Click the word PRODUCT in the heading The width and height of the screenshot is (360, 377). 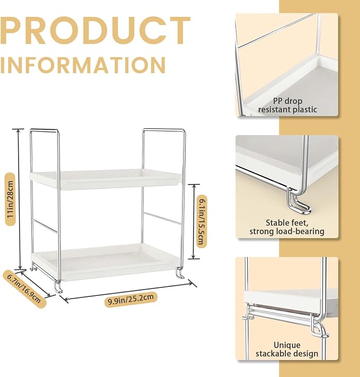(95, 31)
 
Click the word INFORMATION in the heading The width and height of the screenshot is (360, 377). (83, 65)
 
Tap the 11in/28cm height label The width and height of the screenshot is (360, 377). (11, 199)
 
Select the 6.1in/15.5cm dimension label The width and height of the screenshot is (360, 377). (202, 221)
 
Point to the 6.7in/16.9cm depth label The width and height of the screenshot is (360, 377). (24, 289)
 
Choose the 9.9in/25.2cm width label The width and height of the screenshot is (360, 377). (131, 299)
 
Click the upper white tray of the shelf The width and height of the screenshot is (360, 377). (106, 179)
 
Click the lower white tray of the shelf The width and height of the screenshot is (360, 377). (106, 262)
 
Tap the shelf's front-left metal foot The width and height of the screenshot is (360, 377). (58, 287)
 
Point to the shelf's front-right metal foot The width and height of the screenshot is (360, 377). (180, 274)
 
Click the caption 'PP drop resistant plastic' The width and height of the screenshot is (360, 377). (287, 106)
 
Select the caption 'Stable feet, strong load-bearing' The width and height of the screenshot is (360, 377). (287, 227)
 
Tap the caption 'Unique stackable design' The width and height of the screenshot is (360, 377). (287, 349)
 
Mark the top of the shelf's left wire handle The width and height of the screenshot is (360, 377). (44, 130)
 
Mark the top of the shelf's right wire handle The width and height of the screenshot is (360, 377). (164, 130)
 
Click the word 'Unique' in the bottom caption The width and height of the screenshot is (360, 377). (287, 345)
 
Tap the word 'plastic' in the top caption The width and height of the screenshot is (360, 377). (305, 110)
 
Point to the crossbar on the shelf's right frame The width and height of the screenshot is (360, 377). (162, 218)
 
